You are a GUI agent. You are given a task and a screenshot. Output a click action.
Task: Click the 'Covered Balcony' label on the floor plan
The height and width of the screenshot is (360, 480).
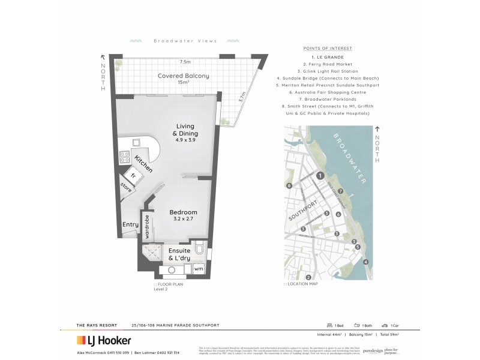click(183, 76)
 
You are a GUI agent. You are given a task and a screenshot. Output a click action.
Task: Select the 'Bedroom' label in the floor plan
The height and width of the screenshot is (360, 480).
click(183, 212)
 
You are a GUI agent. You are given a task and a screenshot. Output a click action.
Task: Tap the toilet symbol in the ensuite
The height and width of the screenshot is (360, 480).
click(201, 248)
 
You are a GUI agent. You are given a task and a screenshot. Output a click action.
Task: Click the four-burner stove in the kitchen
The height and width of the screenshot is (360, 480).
click(126, 157)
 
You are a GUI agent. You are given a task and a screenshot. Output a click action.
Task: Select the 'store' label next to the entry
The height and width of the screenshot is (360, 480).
click(127, 187)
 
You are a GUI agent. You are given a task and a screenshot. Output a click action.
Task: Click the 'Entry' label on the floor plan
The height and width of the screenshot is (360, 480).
click(130, 225)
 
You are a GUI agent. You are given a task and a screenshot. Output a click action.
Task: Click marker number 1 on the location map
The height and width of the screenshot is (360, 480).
click(320, 175)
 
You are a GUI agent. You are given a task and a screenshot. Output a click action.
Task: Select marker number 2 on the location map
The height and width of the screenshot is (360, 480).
click(308, 277)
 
